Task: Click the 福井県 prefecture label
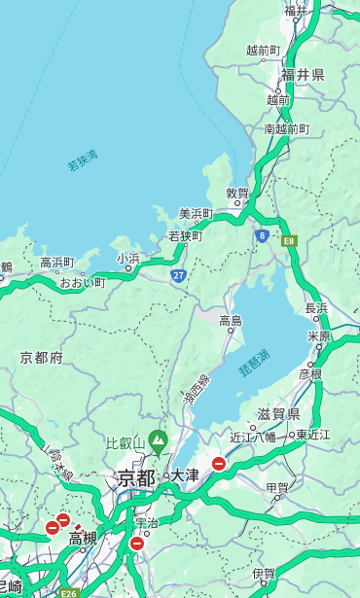point(303,75)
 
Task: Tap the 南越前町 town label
point(286,128)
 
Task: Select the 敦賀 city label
point(237,193)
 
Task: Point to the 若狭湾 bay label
point(83,160)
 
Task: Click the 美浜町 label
point(196,213)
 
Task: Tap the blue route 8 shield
point(262,235)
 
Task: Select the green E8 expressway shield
point(289,240)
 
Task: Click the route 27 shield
point(179,275)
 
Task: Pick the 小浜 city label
point(128,258)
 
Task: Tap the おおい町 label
point(82,282)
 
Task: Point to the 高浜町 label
point(56,262)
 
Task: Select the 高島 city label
point(231,321)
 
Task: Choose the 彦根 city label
point(309,373)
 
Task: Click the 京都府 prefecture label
point(42,358)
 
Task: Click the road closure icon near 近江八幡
point(219,464)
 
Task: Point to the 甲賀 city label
point(277,487)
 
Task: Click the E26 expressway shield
point(68,590)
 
